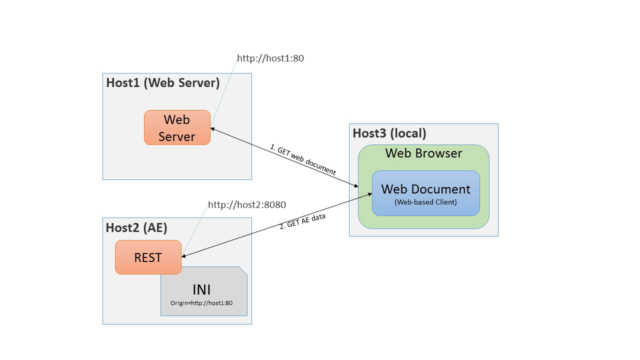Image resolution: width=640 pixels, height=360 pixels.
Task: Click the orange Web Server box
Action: [x=177, y=127]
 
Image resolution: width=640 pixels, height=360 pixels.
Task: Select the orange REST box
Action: [x=148, y=257]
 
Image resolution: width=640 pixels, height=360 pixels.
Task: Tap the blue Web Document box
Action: [x=425, y=193]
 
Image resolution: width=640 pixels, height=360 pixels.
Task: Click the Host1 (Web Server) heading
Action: [x=163, y=82]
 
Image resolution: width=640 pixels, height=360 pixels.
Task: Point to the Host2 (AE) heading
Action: [x=136, y=227]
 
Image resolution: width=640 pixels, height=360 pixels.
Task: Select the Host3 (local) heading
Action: [x=389, y=133]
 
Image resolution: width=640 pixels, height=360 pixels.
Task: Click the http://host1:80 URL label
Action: [x=270, y=58]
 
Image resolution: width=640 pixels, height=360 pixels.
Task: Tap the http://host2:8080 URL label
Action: [x=247, y=204]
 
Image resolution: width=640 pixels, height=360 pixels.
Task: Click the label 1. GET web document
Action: [x=303, y=159]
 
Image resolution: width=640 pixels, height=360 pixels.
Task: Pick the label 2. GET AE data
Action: [x=302, y=221]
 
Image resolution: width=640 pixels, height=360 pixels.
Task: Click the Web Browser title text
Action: [x=423, y=153]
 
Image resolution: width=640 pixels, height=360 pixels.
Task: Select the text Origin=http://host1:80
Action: [x=201, y=303]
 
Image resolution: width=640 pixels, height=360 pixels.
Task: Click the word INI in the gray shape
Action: [x=201, y=289]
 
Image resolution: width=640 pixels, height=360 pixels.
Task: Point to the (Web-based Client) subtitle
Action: [x=425, y=202]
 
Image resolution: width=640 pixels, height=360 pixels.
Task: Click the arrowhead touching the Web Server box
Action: [x=213, y=129]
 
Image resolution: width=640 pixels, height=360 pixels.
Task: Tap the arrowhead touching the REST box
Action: [x=184, y=256]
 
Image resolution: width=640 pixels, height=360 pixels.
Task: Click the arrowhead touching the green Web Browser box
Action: [x=355, y=186]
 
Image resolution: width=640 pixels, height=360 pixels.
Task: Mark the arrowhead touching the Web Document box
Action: [x=369, y=194]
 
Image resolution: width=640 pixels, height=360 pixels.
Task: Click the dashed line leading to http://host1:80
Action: [x=223, y=93]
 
